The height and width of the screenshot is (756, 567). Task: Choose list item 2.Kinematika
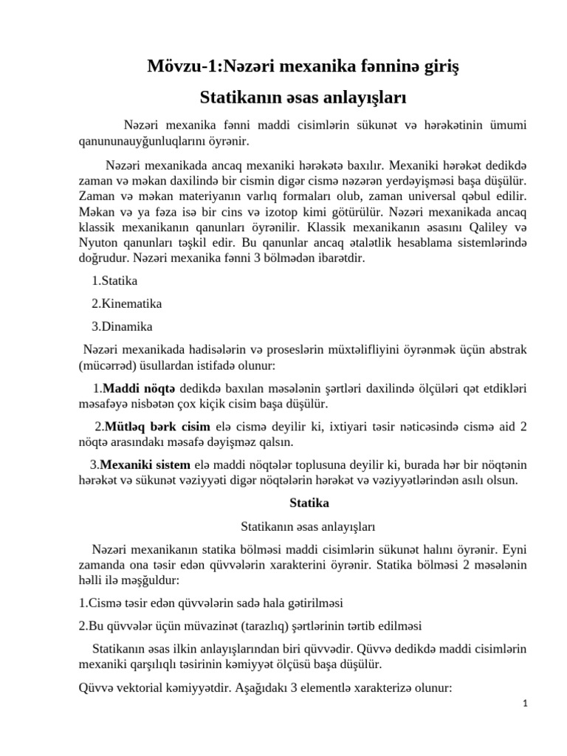(126, 303)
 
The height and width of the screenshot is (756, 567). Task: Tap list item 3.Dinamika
(123, 326)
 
